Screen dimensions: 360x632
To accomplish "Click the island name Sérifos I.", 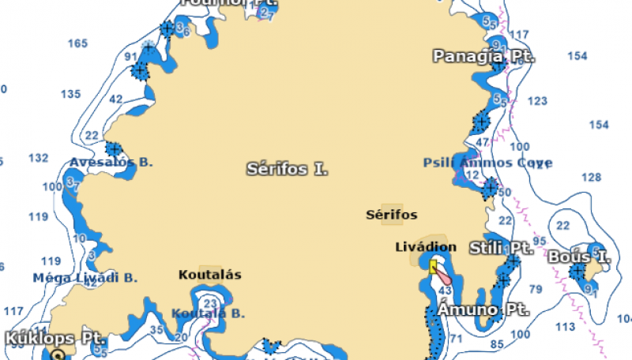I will (x=287, y=169).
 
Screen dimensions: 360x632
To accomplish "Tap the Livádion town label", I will (x=426, y=247).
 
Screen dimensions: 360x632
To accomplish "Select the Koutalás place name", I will (x=209, y=275).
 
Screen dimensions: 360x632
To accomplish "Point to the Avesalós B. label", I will (x=111, y=162).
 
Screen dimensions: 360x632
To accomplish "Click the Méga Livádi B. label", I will (x=85, y=278).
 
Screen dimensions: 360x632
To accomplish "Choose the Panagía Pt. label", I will (x=483, y=57).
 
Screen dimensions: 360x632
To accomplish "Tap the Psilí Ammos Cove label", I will (x=487, y=163).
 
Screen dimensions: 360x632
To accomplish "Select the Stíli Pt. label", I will (x=501, y=248).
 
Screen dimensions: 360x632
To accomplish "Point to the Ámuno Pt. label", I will (x=483, y=309).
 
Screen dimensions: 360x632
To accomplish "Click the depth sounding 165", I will (x=77, y=43).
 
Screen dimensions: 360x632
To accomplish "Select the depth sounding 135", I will (x=71, y=94).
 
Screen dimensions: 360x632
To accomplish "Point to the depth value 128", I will (x=592, y=177).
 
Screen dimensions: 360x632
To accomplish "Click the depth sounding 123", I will (x=537, y=101).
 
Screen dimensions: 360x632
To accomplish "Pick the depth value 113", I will (x=565, y=326).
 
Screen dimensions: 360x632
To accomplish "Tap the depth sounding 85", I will (x=497, y=344).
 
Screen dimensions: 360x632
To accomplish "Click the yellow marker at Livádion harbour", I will (x=433, y=267).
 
